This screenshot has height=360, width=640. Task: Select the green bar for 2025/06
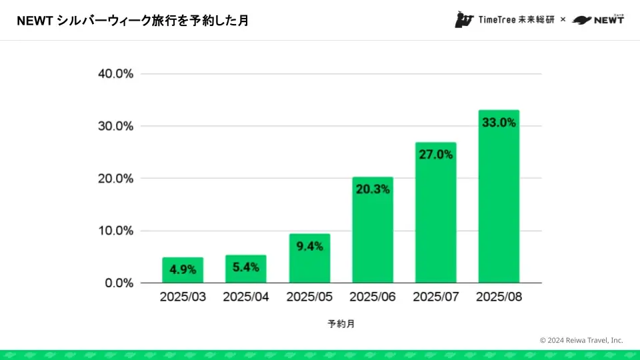373,230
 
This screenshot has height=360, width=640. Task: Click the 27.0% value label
435,155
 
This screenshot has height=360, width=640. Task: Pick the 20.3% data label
373,189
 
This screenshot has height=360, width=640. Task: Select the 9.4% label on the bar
309,246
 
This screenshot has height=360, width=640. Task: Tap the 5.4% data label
246,267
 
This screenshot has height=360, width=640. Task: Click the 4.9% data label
183,270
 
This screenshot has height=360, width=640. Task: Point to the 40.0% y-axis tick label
116,74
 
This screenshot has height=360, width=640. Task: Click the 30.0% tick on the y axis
116,126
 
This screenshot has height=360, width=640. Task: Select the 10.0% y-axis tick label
116,231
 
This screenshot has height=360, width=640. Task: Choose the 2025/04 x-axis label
246,297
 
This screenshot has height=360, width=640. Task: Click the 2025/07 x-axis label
435,297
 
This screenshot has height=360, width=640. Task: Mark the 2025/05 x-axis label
309,297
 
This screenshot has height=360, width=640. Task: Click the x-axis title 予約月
341,324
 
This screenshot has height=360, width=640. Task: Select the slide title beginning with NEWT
133,21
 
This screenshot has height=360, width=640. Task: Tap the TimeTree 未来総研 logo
505,20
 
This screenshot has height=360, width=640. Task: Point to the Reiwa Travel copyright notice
581,340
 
